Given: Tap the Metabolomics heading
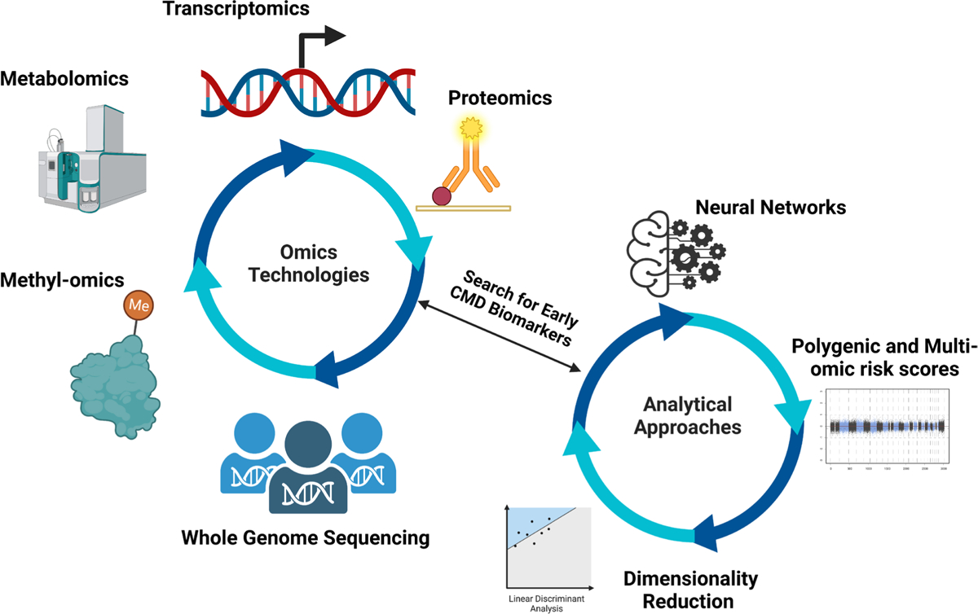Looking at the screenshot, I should point(65,79).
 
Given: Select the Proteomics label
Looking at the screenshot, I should point(500,99).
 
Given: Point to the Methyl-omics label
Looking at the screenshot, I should point(63,281).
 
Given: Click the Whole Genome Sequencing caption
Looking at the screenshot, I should point(305,537).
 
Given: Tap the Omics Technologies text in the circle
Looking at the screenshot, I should point(309,262).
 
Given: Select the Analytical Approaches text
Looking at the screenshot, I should point(687,414).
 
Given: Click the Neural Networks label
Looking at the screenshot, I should point(770,208).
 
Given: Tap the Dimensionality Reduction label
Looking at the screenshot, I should point(690,590).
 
